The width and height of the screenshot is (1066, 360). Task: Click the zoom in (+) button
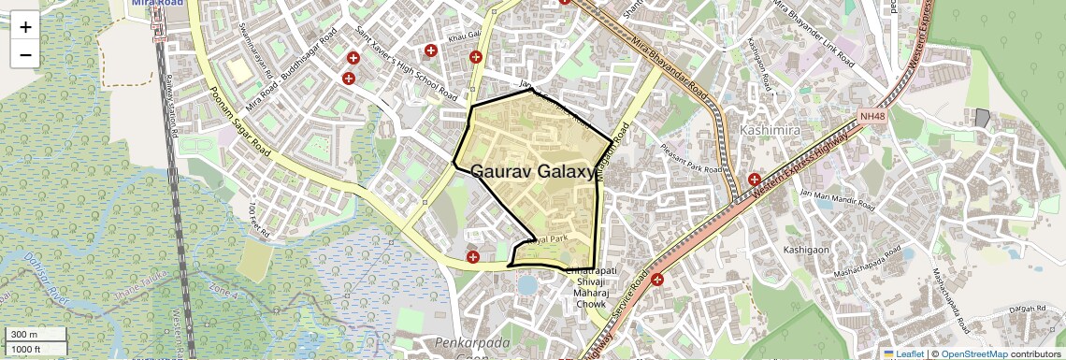(25, 26)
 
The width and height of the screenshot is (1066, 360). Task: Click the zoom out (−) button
(25, 54)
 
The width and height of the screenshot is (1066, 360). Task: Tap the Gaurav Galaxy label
(533, 172)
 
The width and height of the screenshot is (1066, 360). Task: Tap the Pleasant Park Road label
(692, 157)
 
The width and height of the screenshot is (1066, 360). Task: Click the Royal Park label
(547, 240)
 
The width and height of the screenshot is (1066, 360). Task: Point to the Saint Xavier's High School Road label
(404, 64)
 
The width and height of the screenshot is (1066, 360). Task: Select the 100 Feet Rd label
(258, 218)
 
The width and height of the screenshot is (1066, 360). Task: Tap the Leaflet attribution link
(903, 353)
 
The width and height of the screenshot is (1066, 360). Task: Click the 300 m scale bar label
(25, 335)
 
